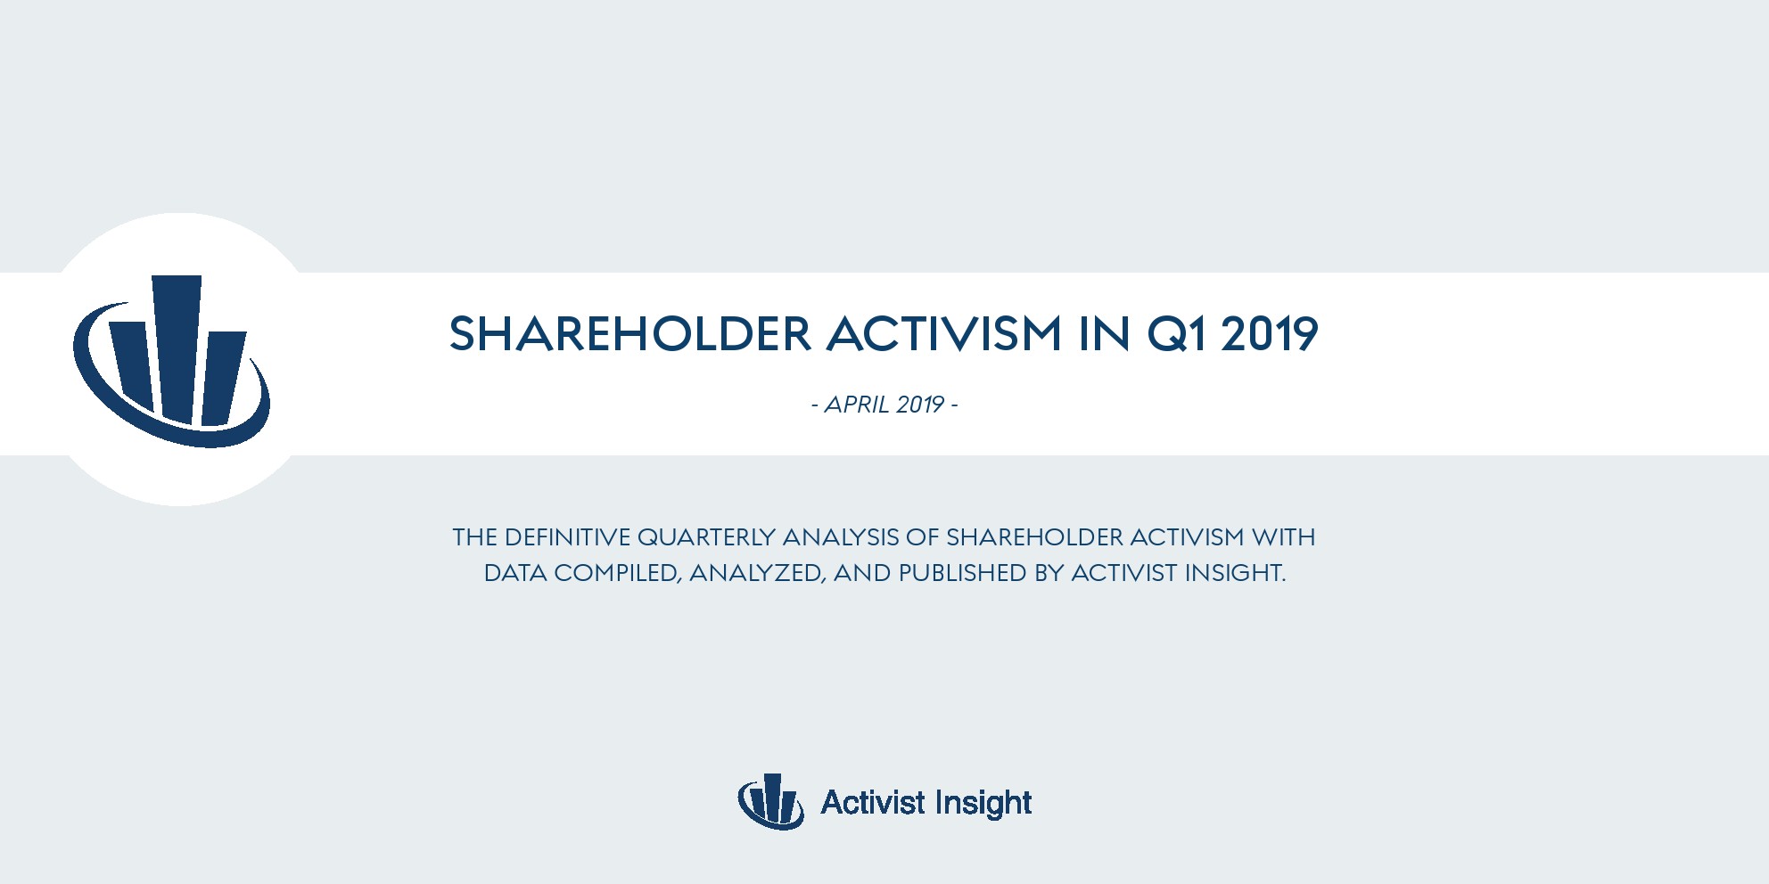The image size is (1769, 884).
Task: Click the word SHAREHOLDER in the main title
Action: [630, 334]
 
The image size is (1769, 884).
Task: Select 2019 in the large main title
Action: [1270, 334]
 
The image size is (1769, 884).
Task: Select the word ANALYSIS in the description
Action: [841, 537]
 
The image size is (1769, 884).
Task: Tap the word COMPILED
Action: [618, 573]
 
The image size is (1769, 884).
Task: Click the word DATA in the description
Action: [515, 573]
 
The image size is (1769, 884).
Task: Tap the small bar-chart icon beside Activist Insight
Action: [770, 801]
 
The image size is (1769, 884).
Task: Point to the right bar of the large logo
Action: [223, 378]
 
